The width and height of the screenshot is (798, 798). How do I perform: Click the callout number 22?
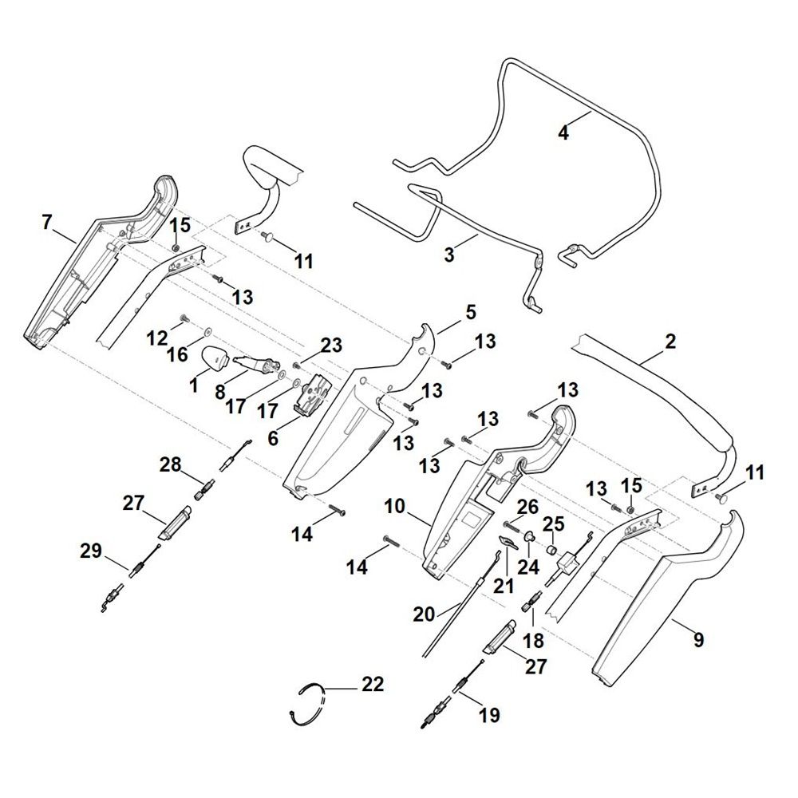tap(372, 684)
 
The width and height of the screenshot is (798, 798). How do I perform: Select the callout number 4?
tap(563, 133)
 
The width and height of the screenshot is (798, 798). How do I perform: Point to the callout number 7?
tap(47, 223)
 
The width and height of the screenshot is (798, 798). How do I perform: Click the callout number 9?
tap(698, 638)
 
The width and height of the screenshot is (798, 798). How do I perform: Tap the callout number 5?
tap(470, 310)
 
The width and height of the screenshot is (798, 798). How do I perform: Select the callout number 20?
tap(425, 614)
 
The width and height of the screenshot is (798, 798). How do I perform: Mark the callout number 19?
tap(489, 715)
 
